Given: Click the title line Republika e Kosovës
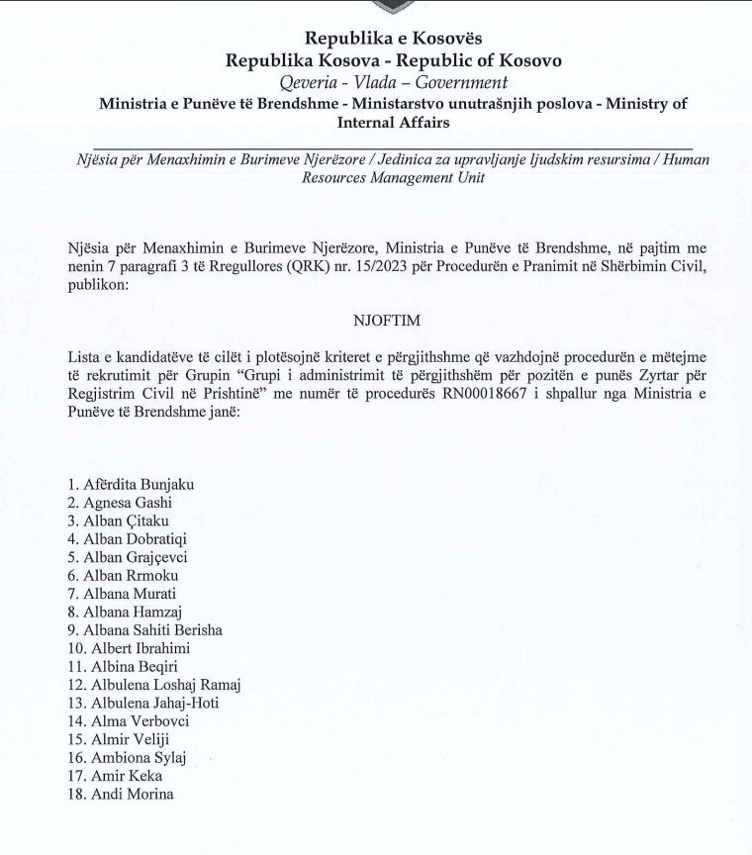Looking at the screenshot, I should tap(394, 39).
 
